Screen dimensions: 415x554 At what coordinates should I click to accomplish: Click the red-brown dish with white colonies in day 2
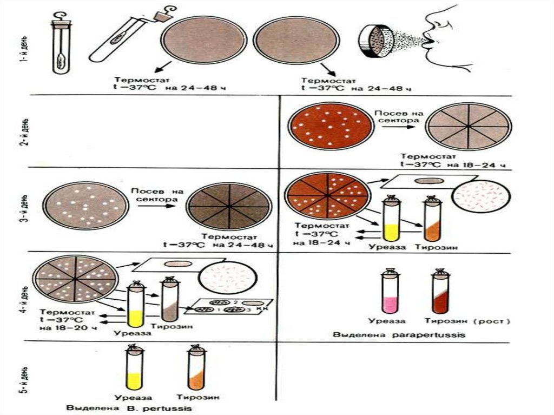[x=331, y=127]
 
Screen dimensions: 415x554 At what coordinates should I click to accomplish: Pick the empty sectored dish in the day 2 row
[x=469, y=127]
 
